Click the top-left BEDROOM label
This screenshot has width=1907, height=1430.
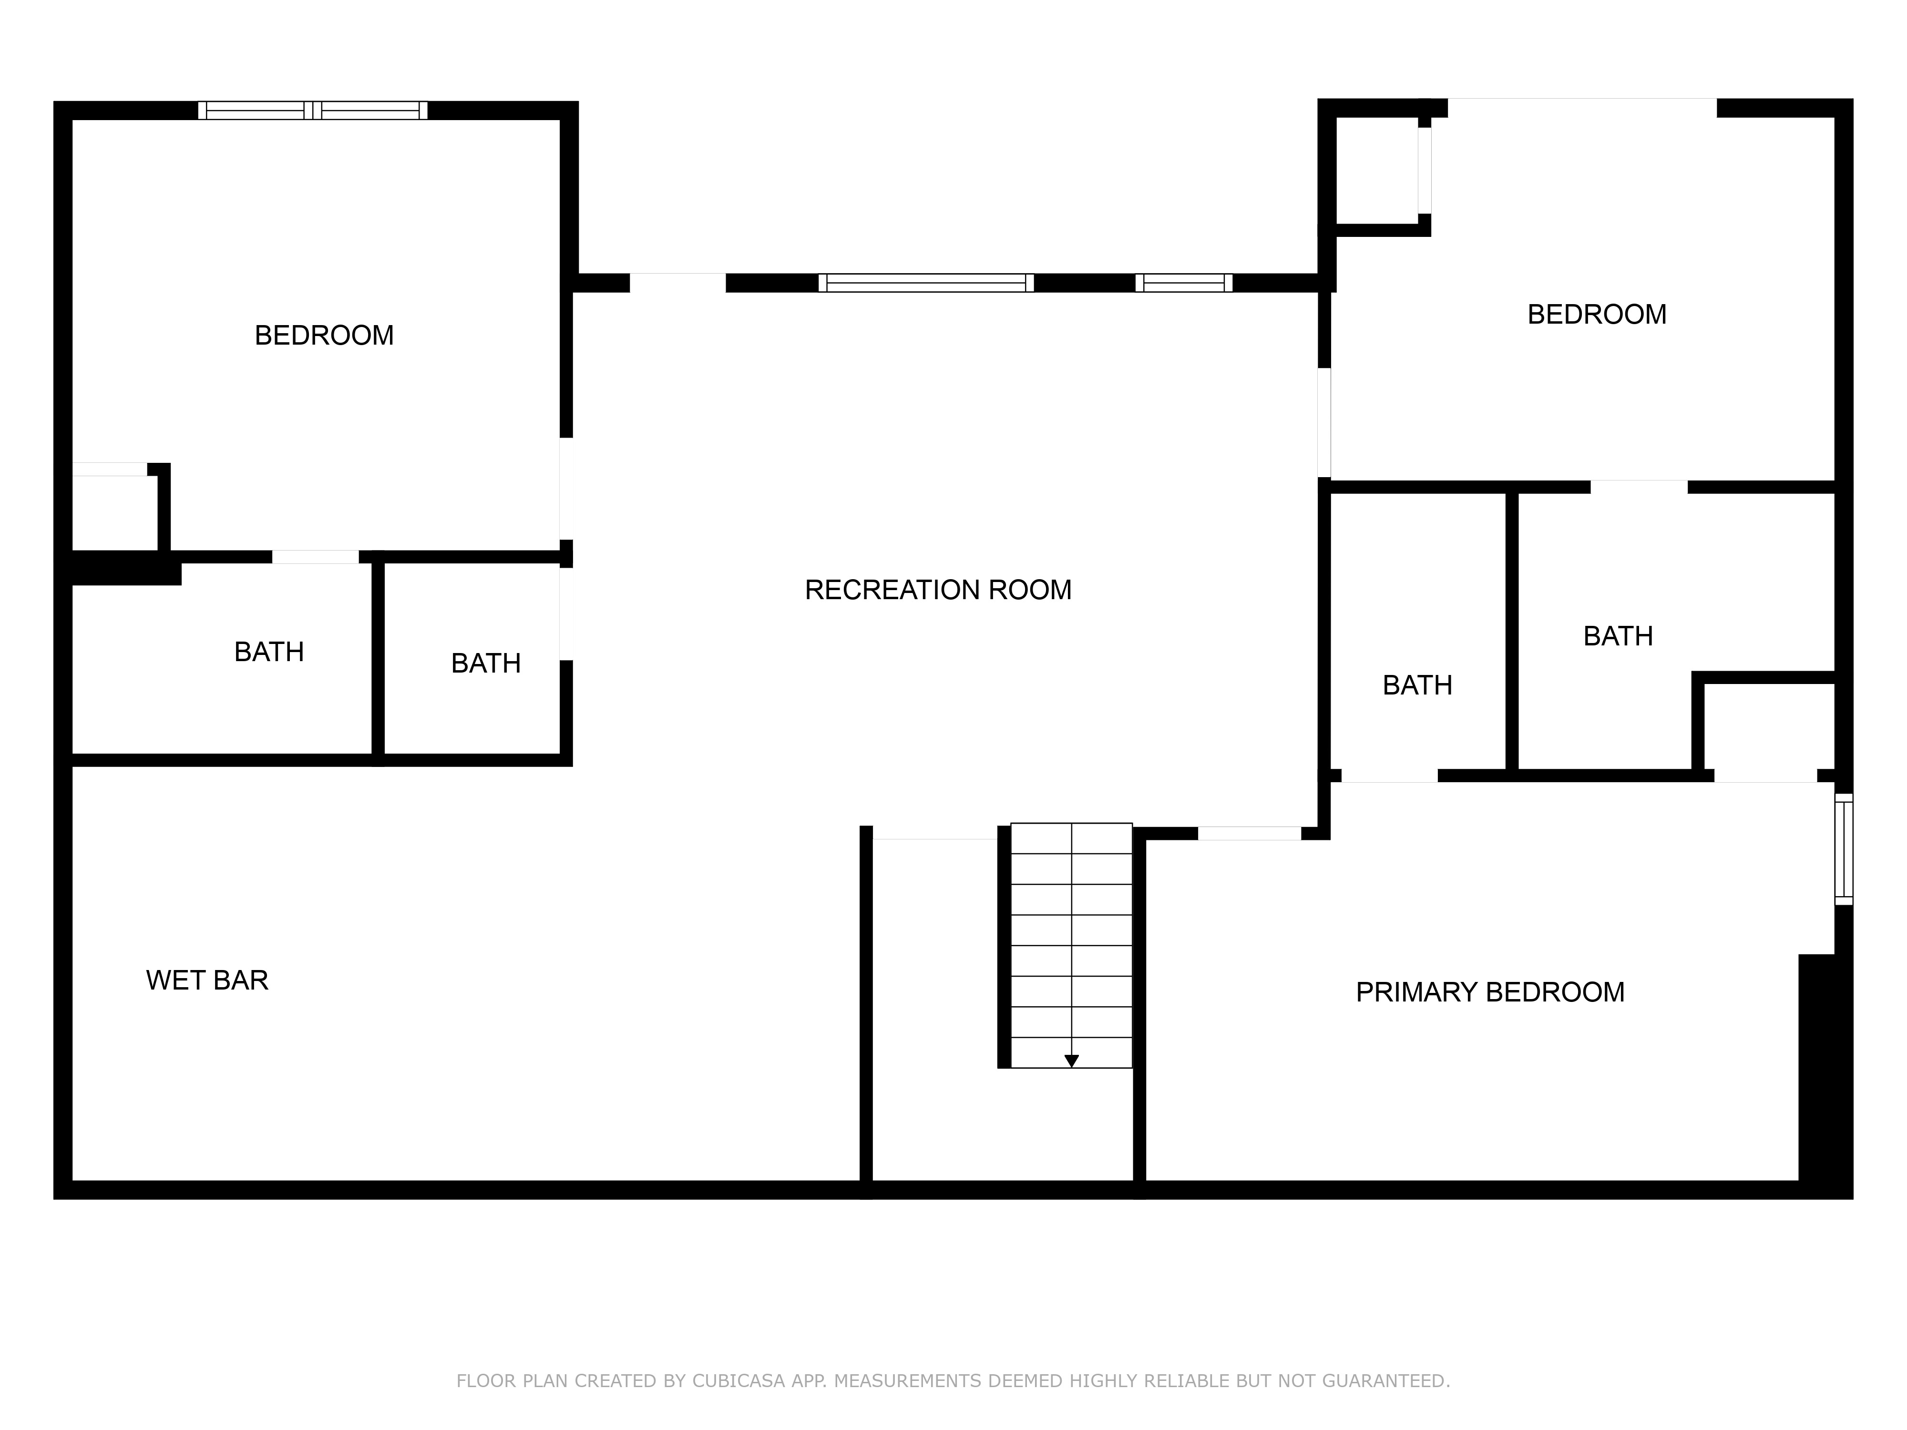pos(324,335)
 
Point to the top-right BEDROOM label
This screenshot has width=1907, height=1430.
pos(1597,315)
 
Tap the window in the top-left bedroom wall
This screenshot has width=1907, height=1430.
pos(313,110)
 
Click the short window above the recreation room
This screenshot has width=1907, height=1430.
pos(1184,283)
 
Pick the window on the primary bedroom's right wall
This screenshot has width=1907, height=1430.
pos(1843,849)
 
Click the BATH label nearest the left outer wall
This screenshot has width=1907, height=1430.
pos(269,652)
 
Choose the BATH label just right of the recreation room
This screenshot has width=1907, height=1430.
pos(1417,685)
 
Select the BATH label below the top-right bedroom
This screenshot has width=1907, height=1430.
pos(1618,636)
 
